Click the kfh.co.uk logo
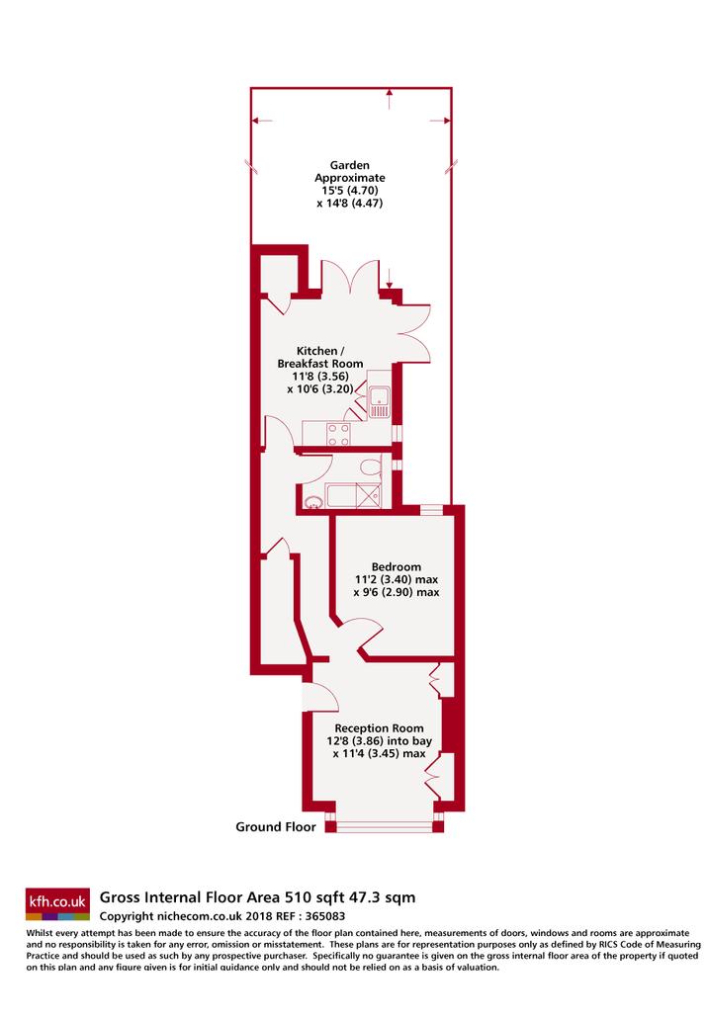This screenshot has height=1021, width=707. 57,903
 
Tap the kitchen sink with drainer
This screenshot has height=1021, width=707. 379,401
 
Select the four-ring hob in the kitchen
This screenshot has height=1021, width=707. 338,434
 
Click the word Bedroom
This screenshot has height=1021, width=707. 397,567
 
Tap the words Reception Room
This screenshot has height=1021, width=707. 380,728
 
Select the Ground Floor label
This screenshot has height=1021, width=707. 276,827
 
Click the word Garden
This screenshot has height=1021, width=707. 349,165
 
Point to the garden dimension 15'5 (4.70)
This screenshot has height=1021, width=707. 350,190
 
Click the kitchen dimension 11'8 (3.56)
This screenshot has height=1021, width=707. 320,377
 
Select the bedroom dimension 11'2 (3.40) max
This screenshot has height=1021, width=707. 397,579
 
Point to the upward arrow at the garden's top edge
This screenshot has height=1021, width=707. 389,99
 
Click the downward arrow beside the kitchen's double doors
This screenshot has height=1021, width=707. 389,278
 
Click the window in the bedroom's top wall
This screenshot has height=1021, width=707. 431,510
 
